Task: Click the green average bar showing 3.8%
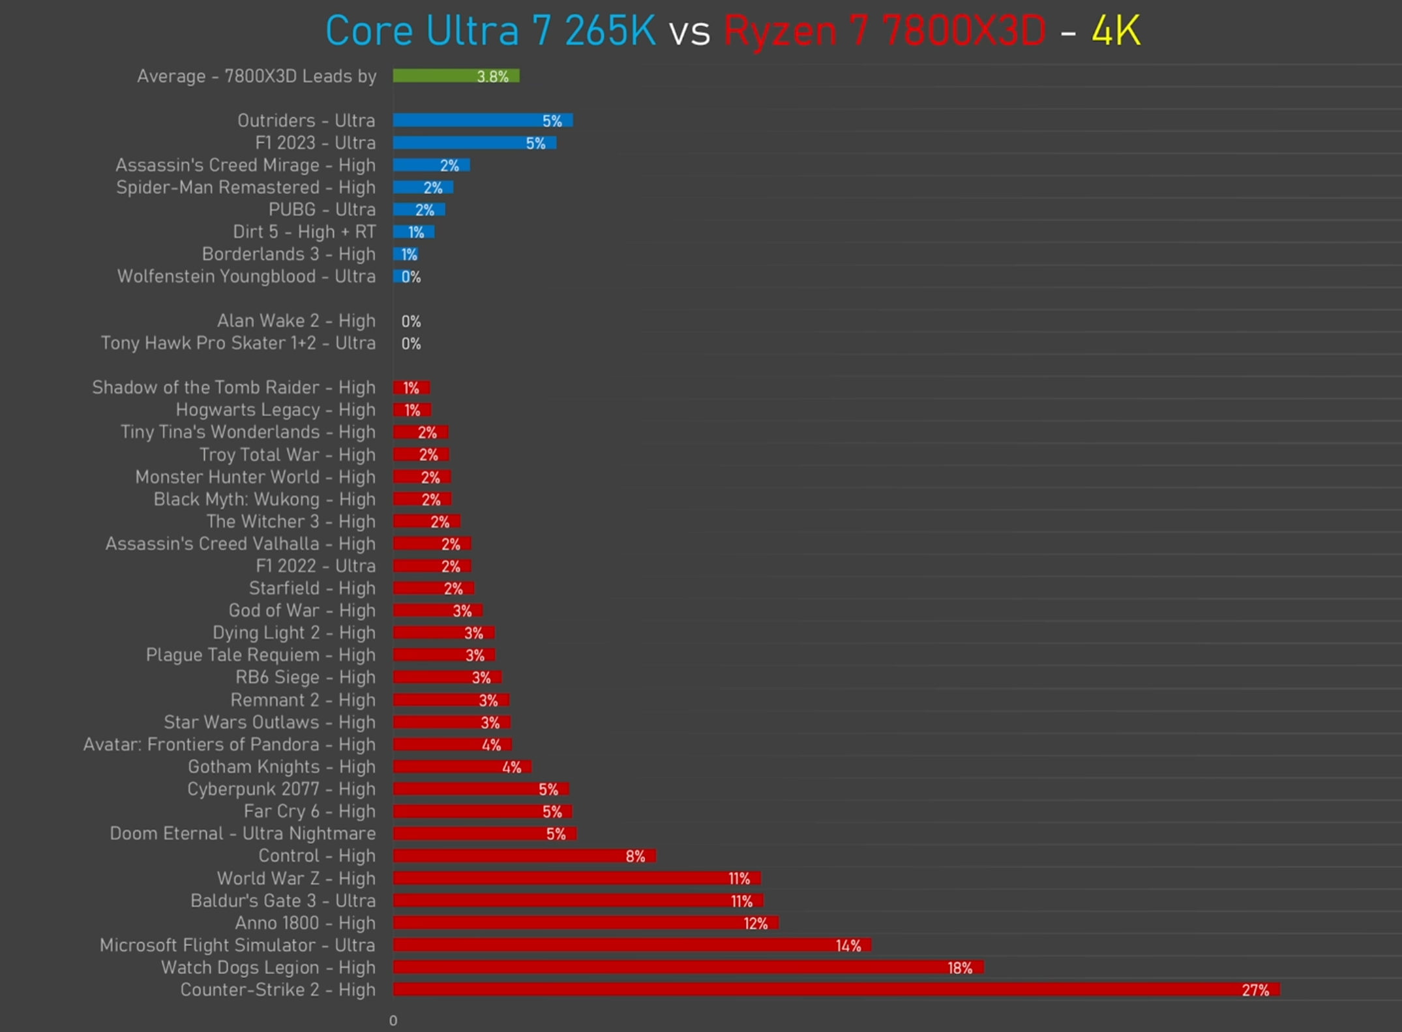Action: (456, 76)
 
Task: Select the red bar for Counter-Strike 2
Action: (836, 990)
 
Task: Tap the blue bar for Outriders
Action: (483, 121)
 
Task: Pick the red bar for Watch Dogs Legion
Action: (688, 967)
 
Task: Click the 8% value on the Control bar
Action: (635, 856)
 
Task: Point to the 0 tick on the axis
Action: (393, 1020)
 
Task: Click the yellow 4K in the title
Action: (1116, 31)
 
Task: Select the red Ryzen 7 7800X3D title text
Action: (885, 31)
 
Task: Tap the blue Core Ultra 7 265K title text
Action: (490, 31)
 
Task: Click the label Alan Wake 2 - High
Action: (296, 321)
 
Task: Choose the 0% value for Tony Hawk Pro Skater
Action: (411, 344)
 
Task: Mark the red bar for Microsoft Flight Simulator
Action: (632, 945)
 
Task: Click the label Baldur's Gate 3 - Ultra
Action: (283, 900)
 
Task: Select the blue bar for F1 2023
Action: (475, 143)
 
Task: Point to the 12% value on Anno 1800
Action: (756, 923)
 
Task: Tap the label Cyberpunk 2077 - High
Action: (281, 789)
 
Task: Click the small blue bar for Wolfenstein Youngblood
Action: (397, 276)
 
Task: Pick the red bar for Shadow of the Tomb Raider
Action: (411, 388)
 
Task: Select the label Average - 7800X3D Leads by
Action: (257, 76)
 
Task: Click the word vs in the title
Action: (689, 33)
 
